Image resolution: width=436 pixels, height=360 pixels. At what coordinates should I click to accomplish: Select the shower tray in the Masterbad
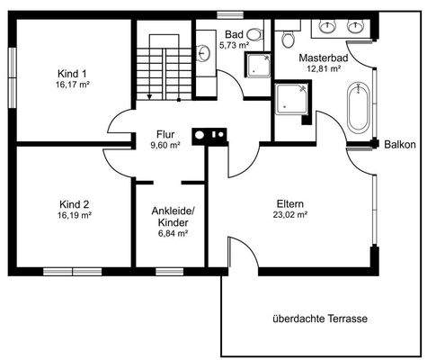pos(291,100)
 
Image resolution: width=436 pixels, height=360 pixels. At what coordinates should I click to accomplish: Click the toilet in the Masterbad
pos(289,37)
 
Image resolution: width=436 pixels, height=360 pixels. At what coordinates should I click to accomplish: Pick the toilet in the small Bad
pos(254,35)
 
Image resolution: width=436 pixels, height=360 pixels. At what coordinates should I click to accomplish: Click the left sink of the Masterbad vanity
pos(325,24)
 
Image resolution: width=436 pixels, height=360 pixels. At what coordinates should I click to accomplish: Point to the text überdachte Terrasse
pos(321,319)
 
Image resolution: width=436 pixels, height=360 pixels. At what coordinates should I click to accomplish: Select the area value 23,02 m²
pos(290,215)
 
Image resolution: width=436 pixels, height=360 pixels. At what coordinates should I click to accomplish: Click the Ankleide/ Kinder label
pos(170,216)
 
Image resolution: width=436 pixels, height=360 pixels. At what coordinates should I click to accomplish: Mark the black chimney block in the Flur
pos(215,136)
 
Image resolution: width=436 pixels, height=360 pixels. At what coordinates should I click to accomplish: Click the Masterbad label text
pos(323,58)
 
